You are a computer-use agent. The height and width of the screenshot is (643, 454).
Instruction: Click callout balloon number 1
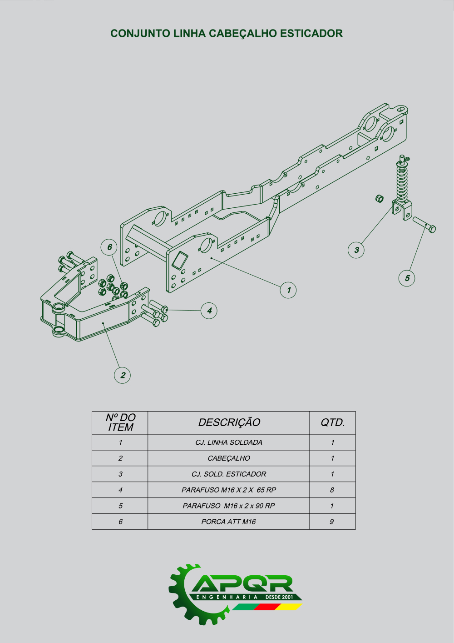tap(288, 290)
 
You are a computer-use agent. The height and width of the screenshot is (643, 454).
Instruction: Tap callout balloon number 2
tap(123, 375)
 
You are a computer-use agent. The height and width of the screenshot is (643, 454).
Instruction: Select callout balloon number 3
tap(356, 250)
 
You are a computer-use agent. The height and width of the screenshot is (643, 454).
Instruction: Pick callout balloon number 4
tap(209, 311)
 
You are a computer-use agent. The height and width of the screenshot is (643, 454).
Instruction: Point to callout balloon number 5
tap(407, 278)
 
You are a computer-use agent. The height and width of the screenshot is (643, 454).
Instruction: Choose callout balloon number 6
tap(109, 247)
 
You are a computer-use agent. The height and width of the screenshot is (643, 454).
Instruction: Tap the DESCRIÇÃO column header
tap(229, 422)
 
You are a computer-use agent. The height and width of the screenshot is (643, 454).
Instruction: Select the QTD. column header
tap(332, 422)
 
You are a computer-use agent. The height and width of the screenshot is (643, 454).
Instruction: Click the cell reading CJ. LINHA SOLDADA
tap(229, 442)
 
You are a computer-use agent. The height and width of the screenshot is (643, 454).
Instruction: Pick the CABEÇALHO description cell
tap(229, 458)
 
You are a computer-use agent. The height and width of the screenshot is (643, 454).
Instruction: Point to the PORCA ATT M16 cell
tap(229, 522)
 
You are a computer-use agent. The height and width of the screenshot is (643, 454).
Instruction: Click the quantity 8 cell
tap(332, 490)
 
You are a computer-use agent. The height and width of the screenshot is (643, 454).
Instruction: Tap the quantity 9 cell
tap(332, 522)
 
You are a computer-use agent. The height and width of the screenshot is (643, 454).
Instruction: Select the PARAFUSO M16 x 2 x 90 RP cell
tap(229, 506)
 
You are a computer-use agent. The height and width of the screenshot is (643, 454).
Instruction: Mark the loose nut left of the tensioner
tap(380, 198)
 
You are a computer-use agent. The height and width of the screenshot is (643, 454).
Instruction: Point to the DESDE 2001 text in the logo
tap(279, 597)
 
